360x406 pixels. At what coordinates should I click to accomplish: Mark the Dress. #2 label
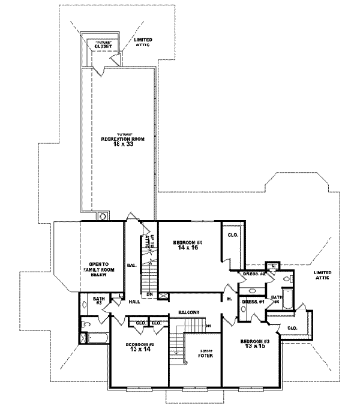coord(254,274)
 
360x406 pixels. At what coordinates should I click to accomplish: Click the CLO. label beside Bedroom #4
coord(233,235)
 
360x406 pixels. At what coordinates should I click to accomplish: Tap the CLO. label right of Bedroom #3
coord(292,328)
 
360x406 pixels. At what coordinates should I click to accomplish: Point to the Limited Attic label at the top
coord(143,43)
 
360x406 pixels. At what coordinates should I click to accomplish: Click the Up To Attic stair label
coord(146,242)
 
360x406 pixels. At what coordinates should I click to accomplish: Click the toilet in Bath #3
coord(85,324)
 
